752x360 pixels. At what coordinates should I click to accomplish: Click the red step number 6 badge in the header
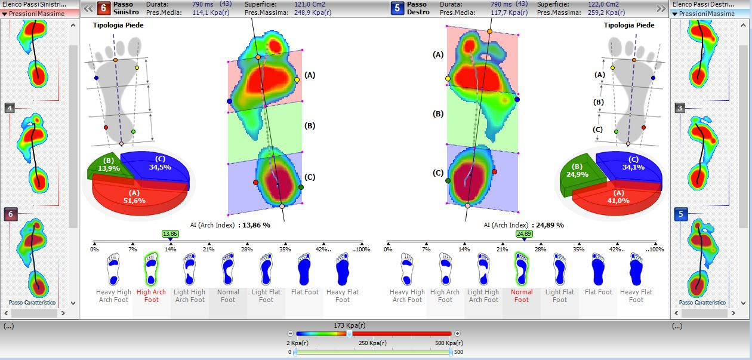[103, 8]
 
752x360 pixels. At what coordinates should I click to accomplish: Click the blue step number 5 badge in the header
[397, 8]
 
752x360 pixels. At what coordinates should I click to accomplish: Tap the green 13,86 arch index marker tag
[170, 234]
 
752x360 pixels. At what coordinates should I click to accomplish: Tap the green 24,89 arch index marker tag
[523, 234]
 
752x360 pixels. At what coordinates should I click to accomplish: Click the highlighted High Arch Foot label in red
[152, 296]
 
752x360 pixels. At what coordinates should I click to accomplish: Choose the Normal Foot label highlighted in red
[522, 296]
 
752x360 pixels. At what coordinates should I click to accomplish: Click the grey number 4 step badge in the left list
[10, 108]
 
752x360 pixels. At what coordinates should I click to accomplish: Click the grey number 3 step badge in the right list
[680, 108]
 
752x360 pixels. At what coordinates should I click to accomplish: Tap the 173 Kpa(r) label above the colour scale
[350, 325]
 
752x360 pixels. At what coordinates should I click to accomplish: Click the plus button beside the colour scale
[457, 333]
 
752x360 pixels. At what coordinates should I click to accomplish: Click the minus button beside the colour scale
[290, 333]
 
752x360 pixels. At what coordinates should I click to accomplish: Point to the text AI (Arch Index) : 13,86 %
[230, 225]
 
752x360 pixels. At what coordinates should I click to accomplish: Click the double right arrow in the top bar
[661, 8]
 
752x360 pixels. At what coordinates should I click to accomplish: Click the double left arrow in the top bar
[88, 8]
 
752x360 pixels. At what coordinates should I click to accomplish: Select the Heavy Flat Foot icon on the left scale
[343, 270]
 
